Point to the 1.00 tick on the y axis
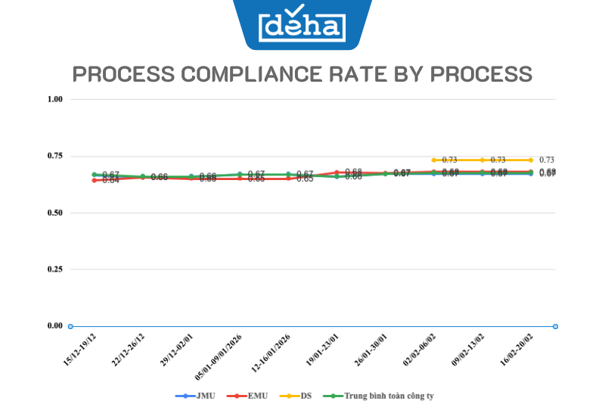click(x=54, y=99)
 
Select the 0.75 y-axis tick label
click(x=54, y=156)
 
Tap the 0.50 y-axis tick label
click(x=54, y=213)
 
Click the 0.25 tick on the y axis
click(x=54, y=269)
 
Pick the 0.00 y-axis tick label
click(x=54, y=326)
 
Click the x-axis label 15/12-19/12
click(x=79, y=349)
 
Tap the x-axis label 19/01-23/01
click(x=321, y=349)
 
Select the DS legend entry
click(x=300, y=395)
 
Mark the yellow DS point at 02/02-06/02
click(x=434, y=160)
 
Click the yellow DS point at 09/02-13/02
click(x=482, y=160)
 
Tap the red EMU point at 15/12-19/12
click(x=95, y=180)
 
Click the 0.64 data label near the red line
click(x=110, y=181)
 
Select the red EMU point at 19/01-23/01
click(x=337, y=172)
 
